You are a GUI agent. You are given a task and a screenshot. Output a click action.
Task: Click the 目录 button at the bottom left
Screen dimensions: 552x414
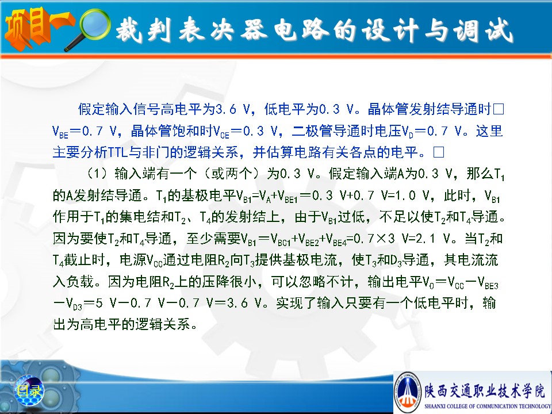(29, 390)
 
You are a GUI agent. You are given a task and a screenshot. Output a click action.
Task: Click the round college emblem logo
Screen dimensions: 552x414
(408, 392)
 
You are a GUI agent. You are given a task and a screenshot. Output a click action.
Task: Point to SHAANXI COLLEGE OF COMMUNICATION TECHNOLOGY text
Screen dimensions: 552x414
(488, 407)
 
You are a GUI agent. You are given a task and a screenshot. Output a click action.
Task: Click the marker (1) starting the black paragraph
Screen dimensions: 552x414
(97, 174)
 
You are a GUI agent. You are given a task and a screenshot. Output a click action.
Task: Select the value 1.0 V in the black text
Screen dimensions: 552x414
(411, 195)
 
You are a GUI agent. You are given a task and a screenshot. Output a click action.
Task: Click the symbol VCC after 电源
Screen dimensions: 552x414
(155, 261)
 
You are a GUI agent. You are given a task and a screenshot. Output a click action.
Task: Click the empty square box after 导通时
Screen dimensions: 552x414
(499, 109)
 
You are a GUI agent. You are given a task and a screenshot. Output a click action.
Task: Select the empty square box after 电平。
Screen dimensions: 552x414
(439, 152)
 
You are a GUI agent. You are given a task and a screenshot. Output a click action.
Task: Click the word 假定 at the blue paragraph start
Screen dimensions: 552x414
(91, 109)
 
